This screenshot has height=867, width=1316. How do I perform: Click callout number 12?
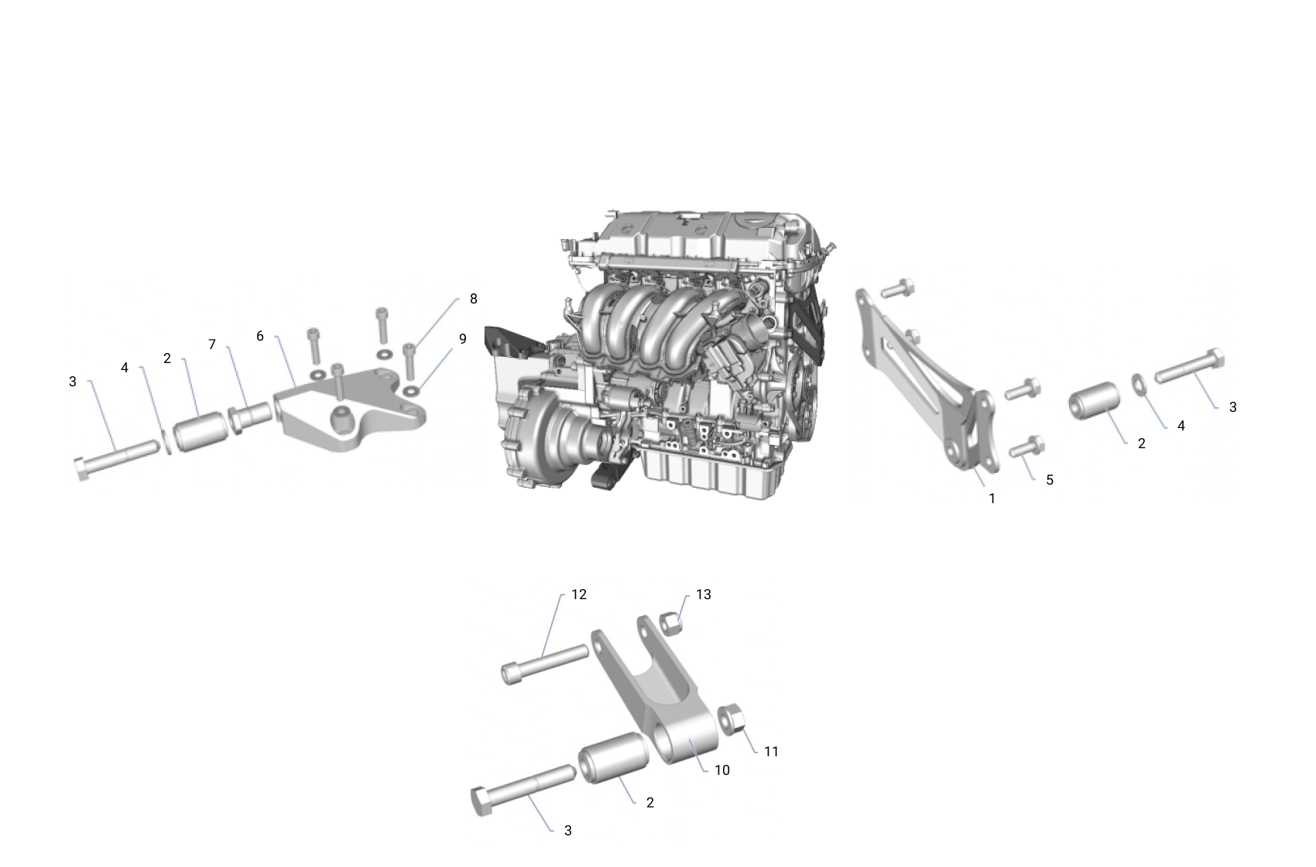[x=579, y=595]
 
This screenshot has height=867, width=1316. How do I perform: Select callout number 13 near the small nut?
[x=703, y=595]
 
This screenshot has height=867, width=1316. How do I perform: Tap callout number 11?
[x=771, y=752]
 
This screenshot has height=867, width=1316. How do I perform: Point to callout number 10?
[x=721, y=770]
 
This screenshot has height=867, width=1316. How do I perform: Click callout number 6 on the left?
[x=260, y=336]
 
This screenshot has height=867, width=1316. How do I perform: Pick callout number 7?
[x=212, y=344]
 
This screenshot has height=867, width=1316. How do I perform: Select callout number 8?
[x=473, y=299]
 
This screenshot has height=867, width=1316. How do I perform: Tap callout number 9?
[x=463, y=339]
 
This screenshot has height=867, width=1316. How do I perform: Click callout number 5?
[x=1050, y=480]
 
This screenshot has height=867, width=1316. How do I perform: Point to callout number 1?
[x=992, y=499]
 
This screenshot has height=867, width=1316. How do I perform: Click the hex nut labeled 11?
[x=732, y=719]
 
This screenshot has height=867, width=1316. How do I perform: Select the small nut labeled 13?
[x=671, y=622]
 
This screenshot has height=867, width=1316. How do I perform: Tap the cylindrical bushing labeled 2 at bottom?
[x=612, y=759]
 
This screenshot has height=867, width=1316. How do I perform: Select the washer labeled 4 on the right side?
[x=1140, y=384]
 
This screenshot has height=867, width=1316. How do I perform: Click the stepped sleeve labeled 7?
[x=250, y=415]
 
